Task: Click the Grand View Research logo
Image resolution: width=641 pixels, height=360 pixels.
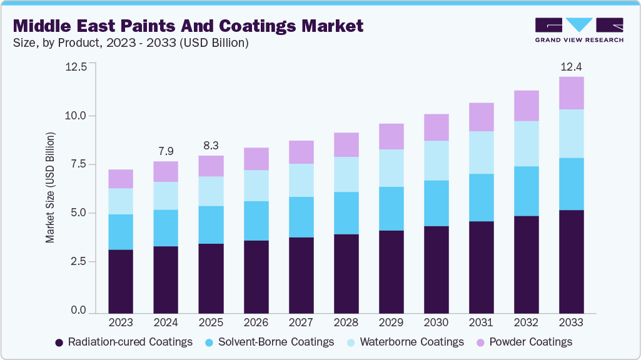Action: click(x=578, y=29)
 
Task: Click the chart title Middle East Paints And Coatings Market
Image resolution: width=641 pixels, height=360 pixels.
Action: click(x=188, y=26)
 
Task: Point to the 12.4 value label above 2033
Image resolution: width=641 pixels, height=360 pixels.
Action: click(x=571, y=66)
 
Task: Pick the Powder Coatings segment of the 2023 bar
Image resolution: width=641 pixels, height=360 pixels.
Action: click(x=121, y=179)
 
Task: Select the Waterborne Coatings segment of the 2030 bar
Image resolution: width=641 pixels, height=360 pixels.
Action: click(x=436, y=161)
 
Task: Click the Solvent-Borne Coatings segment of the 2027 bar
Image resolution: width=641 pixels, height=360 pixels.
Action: click(x=301, y=217)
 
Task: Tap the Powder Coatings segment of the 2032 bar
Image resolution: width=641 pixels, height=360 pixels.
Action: click(x=526, y=106)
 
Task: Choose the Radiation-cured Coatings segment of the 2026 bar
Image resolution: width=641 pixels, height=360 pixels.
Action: click(x=256, y=276)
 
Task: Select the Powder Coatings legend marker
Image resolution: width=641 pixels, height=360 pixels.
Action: click(x=480, y=342)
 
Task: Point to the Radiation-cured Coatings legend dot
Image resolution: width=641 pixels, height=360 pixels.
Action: click(x=59, y=342)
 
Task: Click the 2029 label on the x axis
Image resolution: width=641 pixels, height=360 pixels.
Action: click(x=391, y=322)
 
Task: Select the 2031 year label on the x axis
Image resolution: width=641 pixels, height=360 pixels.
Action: click(x=481, y=322)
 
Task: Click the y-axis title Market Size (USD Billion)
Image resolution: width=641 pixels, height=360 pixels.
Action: click(x=50, y=187)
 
